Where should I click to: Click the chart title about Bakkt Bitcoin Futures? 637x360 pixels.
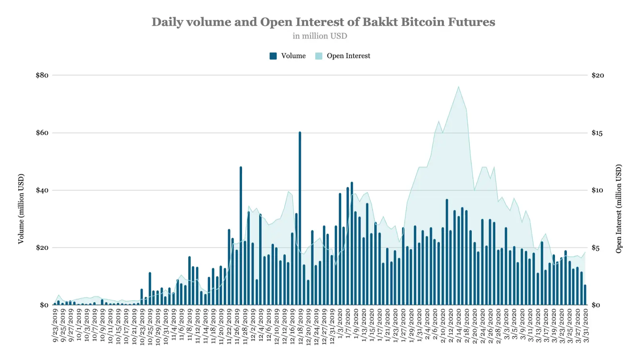(323, 22)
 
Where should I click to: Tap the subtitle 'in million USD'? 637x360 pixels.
(320, 36)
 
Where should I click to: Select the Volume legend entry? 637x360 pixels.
(288, 56)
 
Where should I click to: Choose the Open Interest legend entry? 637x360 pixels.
(343, 56)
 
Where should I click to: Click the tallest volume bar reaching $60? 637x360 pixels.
(300, 219)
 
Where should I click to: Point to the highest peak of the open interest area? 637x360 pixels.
(459, 87)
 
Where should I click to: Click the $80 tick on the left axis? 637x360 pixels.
(42, 75)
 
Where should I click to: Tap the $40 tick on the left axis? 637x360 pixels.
(42, 190)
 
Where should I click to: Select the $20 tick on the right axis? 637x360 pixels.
(598, 75)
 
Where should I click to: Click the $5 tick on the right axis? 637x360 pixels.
(596, 248)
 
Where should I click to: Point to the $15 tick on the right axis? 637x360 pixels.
(597, 133)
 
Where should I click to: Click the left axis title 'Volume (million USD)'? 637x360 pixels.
(21, 209)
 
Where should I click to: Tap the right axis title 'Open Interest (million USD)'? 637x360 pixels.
(619, 209)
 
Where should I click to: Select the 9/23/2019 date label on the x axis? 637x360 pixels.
(55, 326)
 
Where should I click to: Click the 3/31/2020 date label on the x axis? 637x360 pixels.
(586, 326)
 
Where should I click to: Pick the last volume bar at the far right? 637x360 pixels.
(585, 295)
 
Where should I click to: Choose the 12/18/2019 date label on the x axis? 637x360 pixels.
(301, 326)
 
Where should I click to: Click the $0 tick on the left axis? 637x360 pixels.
(44, 305)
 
